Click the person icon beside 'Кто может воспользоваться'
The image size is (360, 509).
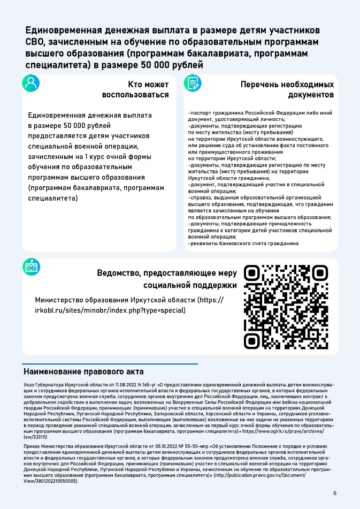(31, 83)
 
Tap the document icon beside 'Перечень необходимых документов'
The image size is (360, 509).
(193, 83)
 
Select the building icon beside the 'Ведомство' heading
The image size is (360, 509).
(31, 267)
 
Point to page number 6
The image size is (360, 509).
(335, 493)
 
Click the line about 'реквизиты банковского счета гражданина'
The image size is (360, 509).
(243, 244)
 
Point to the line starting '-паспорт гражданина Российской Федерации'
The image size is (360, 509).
(260, 113)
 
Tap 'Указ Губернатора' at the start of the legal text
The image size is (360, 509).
(43, 385)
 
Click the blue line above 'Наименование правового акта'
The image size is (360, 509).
(110, 364)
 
